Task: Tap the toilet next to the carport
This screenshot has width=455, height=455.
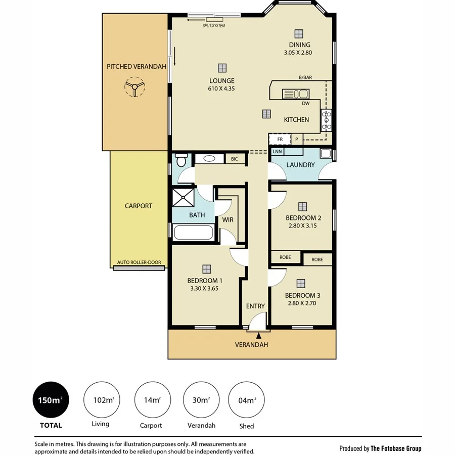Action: click(x=180, y=160)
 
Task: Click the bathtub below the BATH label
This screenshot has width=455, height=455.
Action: click(x=193, y=233)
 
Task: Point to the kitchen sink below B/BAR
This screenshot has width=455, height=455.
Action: click(x=295, y=94)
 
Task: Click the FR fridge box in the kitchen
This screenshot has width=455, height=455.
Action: click(x=280, y=139)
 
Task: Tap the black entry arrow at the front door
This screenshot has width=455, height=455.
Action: click(x=259, y=335)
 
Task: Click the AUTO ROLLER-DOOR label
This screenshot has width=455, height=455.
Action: click(x=139, y=262)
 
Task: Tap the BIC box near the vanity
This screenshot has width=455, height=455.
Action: click(x=235, y=159)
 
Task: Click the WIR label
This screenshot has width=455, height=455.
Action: click(x=227, y=220)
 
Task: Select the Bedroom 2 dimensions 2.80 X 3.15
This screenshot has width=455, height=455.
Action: click(x=303, y=226)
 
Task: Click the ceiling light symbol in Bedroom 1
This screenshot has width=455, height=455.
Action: click(x=206, y=268)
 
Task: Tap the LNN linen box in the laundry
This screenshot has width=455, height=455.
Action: click(x=277, y=151)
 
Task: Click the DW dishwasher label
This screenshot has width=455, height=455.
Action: click(x=305, y=104)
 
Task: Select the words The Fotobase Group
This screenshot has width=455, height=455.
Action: click(x=395, y=448)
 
